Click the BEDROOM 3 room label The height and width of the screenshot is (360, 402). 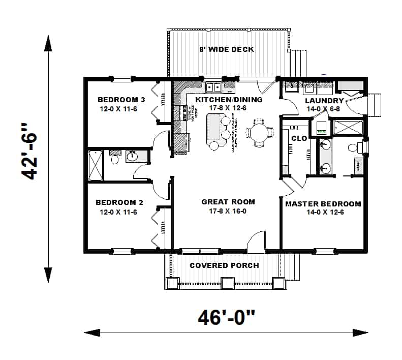pos(121,100)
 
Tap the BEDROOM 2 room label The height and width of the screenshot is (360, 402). pos(116,202)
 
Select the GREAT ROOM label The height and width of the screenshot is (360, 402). pos(228,202)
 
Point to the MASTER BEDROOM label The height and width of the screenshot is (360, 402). pos(323,204)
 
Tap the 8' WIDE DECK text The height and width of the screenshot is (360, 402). pos(226,49)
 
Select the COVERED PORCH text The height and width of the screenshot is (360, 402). pos(224,265)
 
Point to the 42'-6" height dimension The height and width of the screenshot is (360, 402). pos(32,159)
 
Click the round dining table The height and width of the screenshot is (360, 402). pos(258,134)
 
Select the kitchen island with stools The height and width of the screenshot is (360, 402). pos(219,130)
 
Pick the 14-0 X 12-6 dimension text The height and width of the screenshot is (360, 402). pos(323,212)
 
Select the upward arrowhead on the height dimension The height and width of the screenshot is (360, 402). pos(49,44)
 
